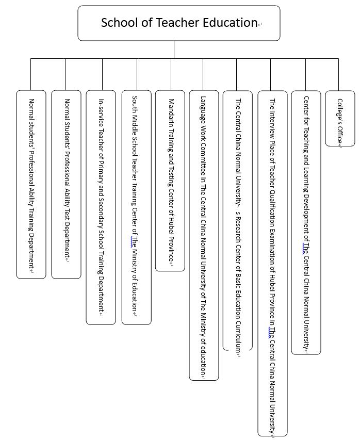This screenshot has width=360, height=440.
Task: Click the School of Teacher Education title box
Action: (178, 23)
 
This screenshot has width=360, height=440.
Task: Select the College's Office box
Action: (340, 119)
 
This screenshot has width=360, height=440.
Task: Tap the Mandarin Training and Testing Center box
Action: (170, 181)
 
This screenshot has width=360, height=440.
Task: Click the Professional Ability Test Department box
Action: (66, 184)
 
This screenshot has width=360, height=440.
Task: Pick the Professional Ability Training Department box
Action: (31, 184)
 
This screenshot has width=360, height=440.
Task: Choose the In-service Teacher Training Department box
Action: (101, 207)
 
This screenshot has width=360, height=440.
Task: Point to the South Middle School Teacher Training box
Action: (136, 207)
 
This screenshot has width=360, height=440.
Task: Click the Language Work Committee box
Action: (204, 235)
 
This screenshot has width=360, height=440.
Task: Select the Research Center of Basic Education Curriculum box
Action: (238, 221)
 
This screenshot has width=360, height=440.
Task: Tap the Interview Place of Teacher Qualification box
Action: (272, 263)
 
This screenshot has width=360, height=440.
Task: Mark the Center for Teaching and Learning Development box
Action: (306, 222)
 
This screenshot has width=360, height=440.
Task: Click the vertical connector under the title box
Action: (174, 50)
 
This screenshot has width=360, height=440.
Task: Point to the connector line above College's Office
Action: (338, 75)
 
